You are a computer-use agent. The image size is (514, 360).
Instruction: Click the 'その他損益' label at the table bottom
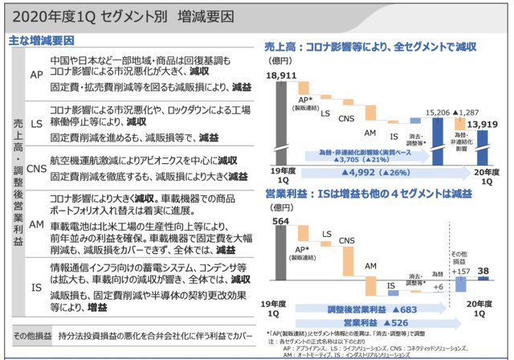tap(31, 332)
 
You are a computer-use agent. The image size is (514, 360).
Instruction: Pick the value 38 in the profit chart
tap(483, 272)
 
